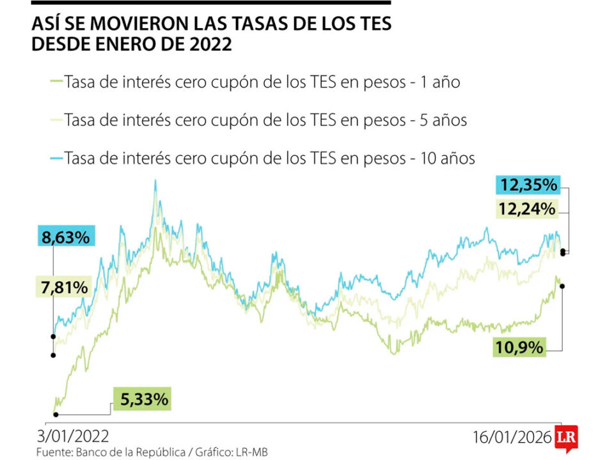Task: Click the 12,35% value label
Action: (528, 186)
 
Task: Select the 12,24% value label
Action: (528, 208)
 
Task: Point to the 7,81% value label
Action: (62, 287)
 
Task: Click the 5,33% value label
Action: (143, 399)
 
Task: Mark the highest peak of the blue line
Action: (155, 181)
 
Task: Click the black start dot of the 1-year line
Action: (56, 414)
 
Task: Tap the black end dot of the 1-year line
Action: (562, 286)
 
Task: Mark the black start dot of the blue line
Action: (53, 335)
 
